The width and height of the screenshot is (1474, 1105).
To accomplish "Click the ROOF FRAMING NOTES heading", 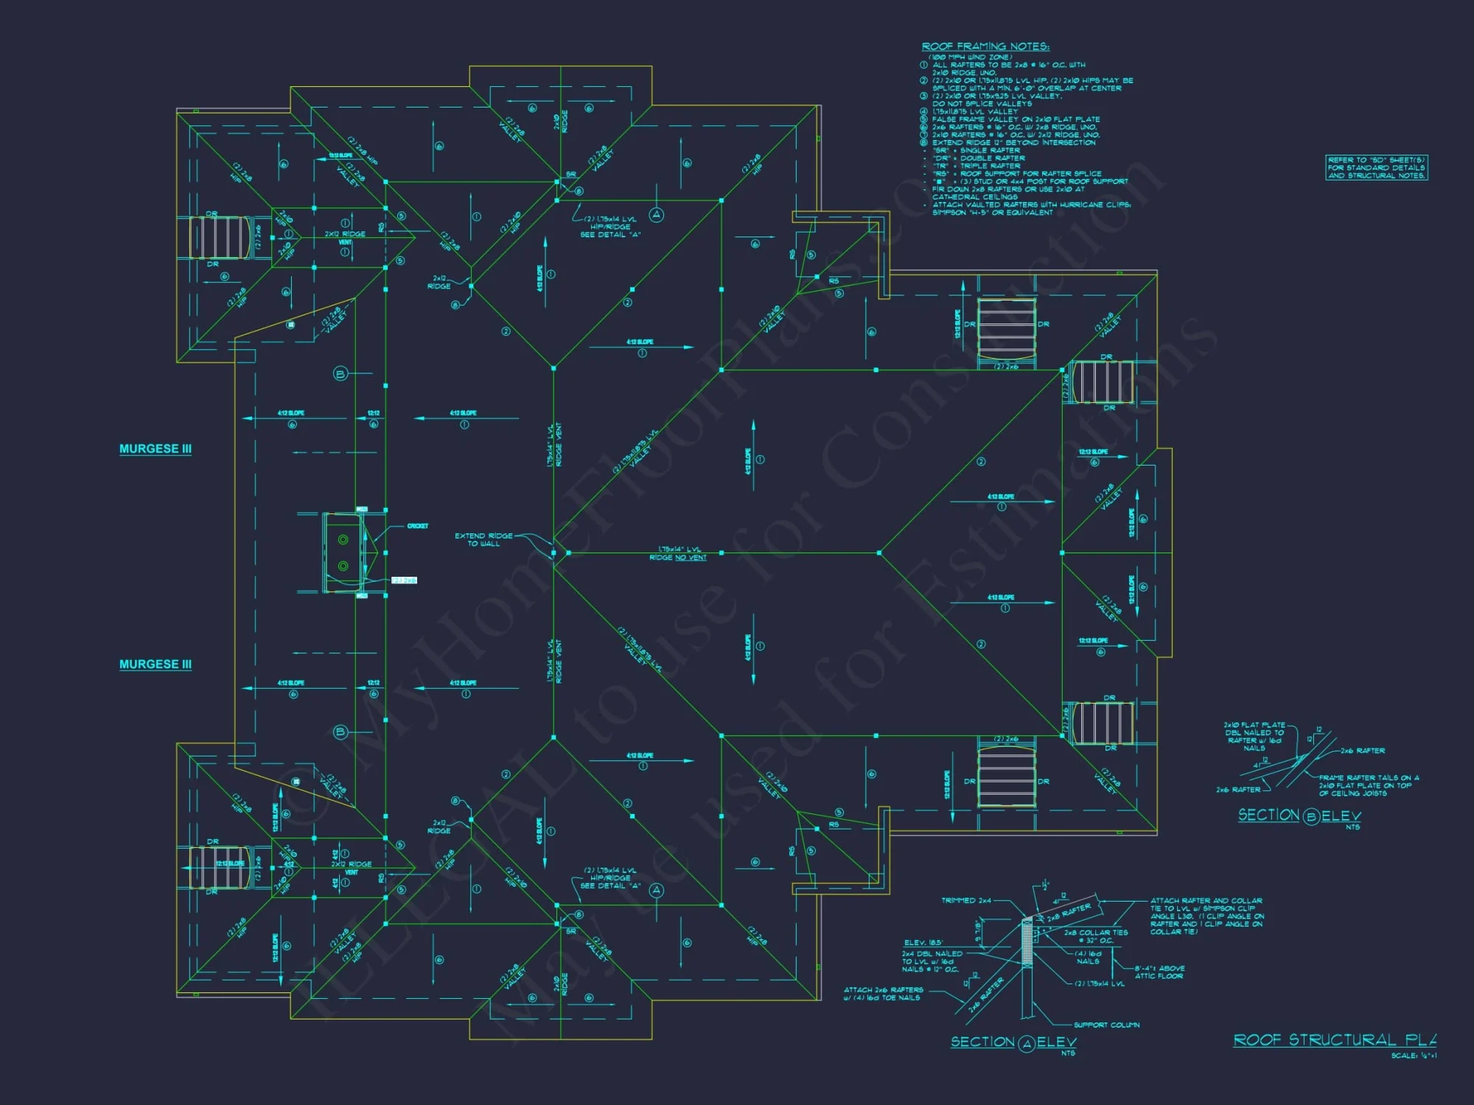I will pos(985,46).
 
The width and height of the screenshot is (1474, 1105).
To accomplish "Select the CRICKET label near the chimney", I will pos(417,526).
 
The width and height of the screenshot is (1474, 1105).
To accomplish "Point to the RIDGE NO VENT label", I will pos(677,558).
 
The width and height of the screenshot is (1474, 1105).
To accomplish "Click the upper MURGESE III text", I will pos(156,449).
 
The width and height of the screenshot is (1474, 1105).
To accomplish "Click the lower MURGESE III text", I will pos(156,664).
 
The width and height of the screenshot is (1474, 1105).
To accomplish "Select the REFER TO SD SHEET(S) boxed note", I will pos(1376,168).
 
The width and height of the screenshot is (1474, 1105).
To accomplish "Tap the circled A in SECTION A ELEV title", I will pos(1027,1043).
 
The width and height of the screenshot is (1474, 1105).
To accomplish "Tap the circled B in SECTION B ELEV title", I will pos(1310,816).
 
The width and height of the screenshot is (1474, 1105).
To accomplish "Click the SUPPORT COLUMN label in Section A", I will pos(1106,1025).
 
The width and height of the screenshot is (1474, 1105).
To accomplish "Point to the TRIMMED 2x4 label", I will pos(966,900).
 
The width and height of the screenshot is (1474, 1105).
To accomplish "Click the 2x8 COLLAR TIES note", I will pos(1096,936).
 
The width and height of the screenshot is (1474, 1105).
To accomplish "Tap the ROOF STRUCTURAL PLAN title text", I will pos(1334,1039).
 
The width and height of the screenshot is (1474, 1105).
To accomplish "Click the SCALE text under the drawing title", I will pos(1413,1056).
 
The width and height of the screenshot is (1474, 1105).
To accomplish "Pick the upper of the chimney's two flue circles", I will pos(343,540).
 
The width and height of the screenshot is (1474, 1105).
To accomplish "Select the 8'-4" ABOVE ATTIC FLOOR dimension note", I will pos(1159,972).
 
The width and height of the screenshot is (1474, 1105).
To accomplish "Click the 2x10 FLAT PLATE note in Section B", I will pos(1254,736).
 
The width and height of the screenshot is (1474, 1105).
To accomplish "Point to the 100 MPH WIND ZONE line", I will pos(970,57).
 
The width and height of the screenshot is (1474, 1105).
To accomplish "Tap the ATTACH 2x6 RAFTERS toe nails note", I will pos(883,994).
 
